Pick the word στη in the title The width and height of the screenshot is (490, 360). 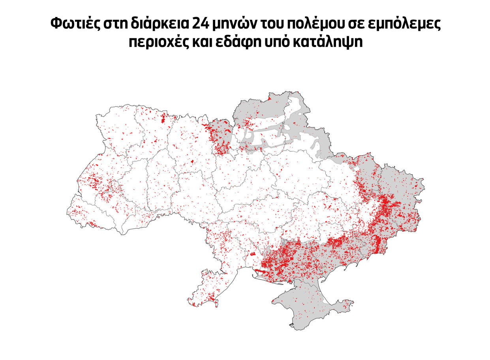click(114, 25)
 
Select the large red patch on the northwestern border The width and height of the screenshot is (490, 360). click(163, 118)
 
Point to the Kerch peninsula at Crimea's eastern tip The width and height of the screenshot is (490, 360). click(344, 304)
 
